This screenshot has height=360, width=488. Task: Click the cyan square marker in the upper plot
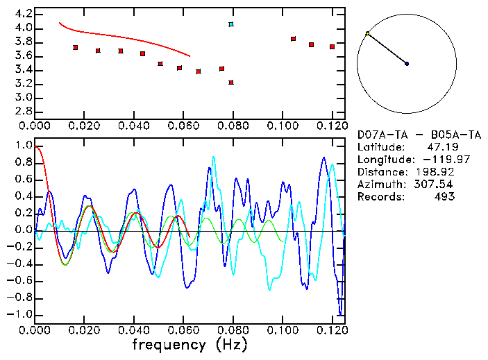[231, 24]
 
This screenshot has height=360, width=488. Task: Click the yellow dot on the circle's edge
[367, 33]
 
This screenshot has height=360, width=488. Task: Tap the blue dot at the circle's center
[407, 64]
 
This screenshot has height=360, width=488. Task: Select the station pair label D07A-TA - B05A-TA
[419, 135]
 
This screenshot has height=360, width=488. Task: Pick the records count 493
[444, 197]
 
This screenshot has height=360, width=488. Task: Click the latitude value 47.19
[440, 147]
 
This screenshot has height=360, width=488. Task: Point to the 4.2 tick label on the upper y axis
[23, 14]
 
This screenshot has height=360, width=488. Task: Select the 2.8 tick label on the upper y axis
[23, 112]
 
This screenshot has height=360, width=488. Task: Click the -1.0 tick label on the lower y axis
[21, 314]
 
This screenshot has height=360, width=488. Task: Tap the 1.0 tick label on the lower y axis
[23, 146]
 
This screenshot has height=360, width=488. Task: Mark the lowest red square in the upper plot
[231, 83]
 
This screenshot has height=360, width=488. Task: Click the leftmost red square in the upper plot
[75, 47]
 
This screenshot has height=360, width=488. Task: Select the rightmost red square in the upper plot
[333, 47]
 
